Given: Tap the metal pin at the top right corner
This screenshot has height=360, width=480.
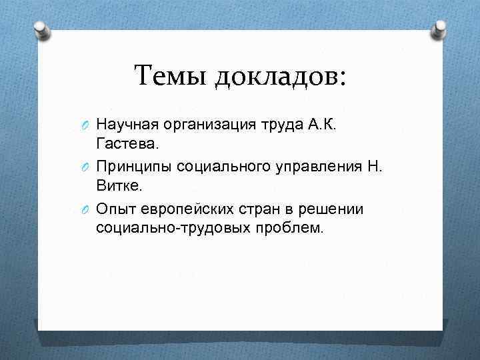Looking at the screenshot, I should click(441, 28).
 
